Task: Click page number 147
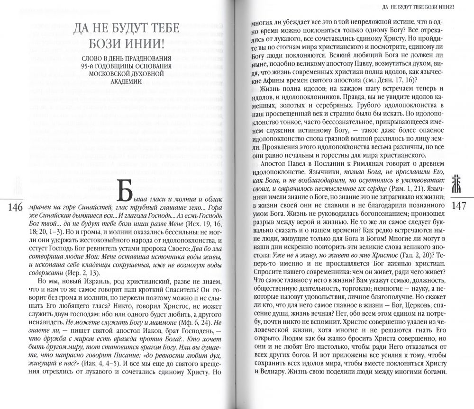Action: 460,208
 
